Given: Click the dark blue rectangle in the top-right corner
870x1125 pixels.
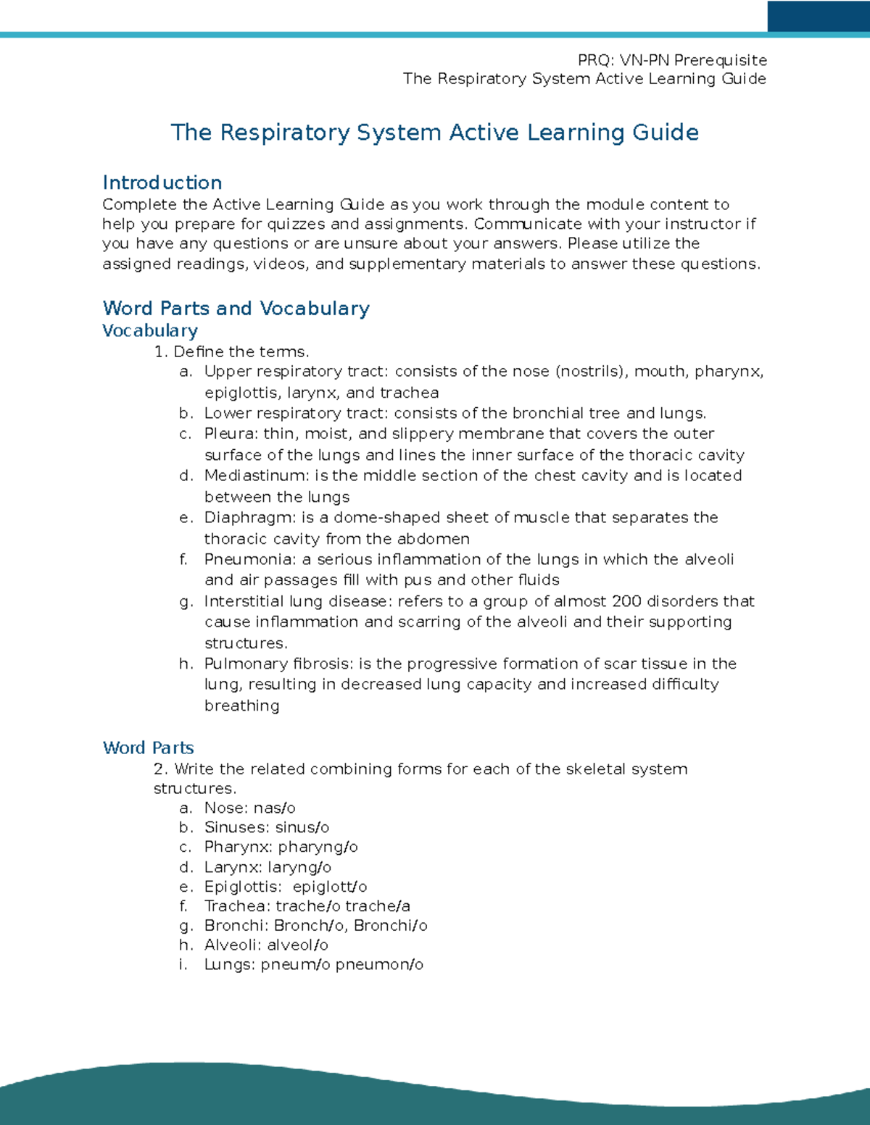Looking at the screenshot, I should point(818,16).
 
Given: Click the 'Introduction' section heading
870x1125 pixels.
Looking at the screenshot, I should point(162,183).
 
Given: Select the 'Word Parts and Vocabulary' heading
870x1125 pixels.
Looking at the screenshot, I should point(236,308).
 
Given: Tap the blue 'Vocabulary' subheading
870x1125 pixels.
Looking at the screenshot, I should point(149,330).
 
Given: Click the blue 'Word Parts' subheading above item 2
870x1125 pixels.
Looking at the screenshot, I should point(148,748).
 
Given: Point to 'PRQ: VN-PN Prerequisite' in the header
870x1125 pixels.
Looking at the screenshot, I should point(672,60).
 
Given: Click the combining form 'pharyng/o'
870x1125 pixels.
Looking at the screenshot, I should point(318,847).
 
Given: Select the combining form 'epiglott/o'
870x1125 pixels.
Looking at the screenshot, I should point(330,887).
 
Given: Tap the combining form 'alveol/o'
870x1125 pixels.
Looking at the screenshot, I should point(297,945).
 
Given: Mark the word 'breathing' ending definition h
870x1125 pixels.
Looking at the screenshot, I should point(241,706).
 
